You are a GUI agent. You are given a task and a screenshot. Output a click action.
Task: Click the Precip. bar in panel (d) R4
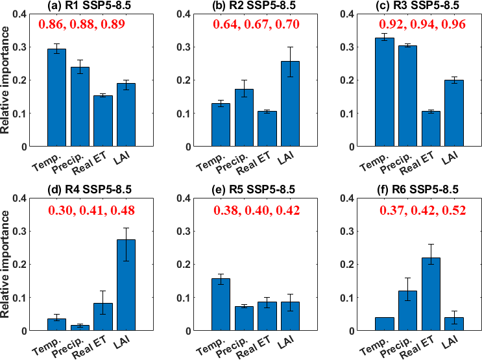tap(80, 328)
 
